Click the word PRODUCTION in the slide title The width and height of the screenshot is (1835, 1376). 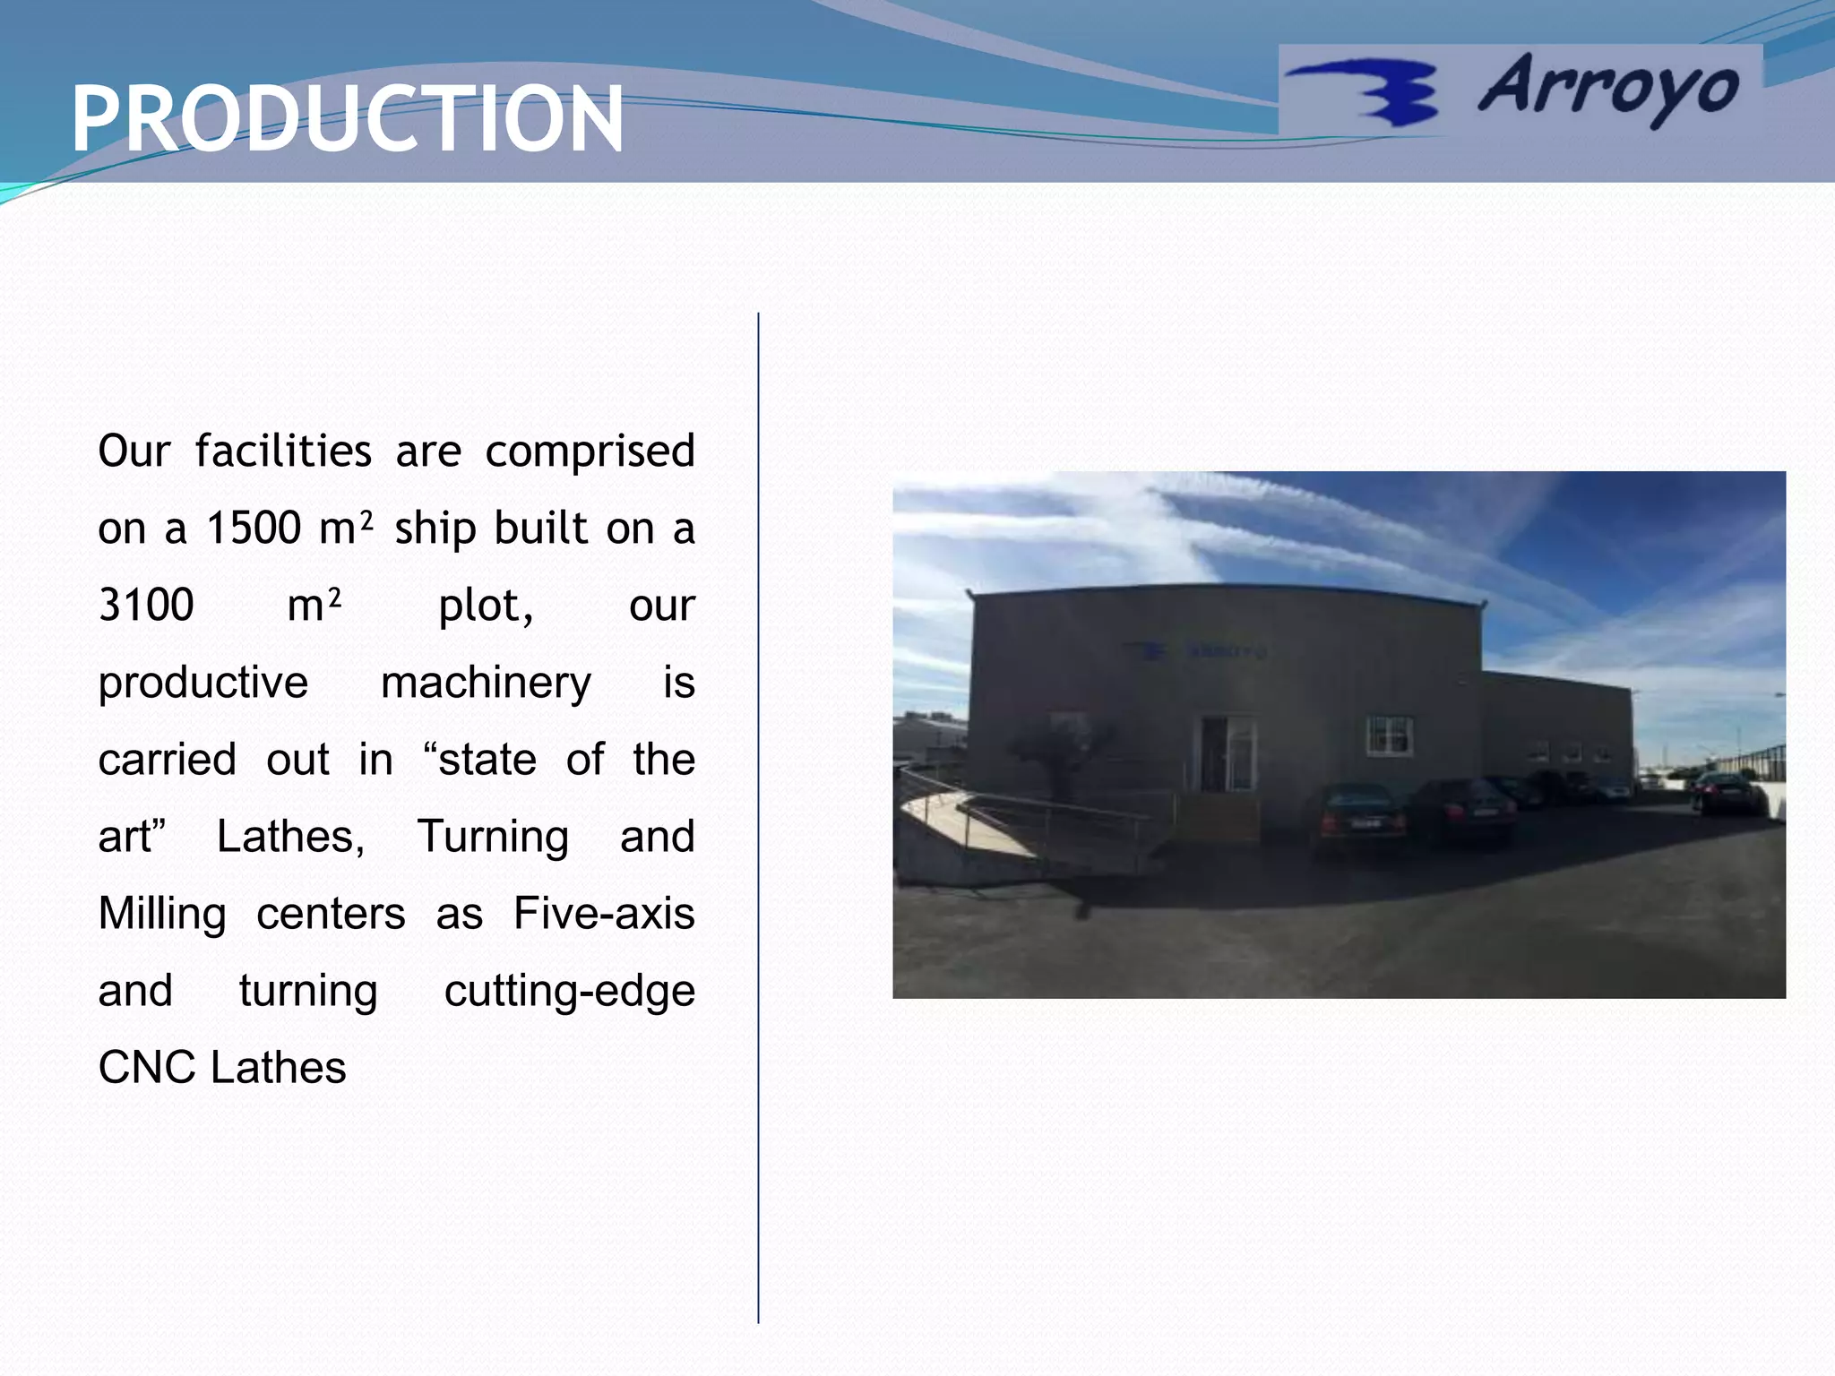(x=348, y=118)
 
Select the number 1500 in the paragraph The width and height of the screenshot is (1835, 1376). (x=254, y=529)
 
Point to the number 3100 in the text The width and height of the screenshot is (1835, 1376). (x=146, y=606)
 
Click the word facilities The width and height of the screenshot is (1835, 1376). (x=283, y=451)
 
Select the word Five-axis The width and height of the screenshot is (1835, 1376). (x=604, y=914)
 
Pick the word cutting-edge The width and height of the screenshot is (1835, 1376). (x=569, y=992)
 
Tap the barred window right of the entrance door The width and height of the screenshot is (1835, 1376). (x=1390, y=735)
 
